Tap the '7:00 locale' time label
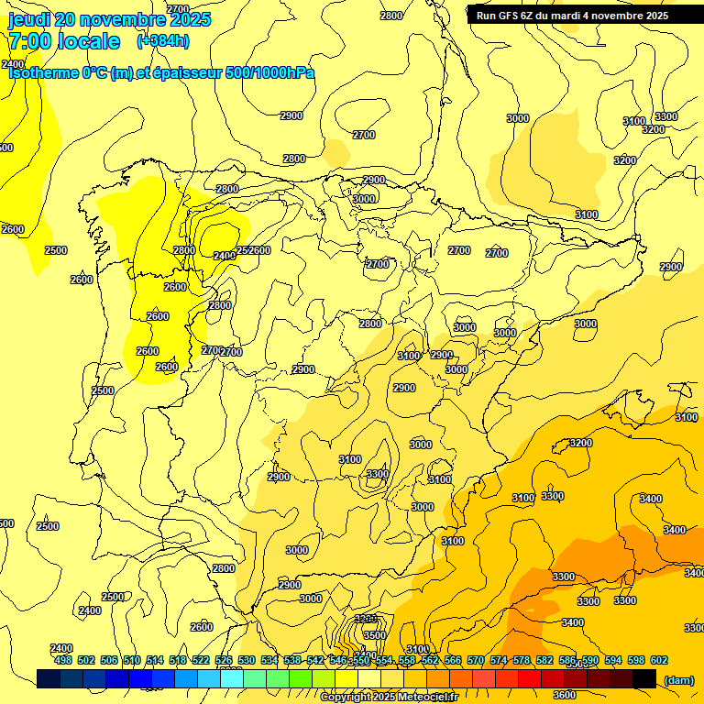pyautogui.click(x=64, y=41)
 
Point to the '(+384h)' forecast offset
pyautogui.click(x=163, y=41)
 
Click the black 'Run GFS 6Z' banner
pyautogui.click(x=573, y=16)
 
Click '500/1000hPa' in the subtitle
pyautogui.click(x=269, y=72)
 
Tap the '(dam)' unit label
pyautogui.click(x=678, y=679)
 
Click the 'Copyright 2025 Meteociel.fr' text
pyautogui.click(x=389, y=698)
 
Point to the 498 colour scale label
pyautogui.click(x=62, y=660)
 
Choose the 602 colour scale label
pyautogui.click(x=659, y=660)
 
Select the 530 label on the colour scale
pyautogui.click(x=247, y=660)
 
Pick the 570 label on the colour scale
pyautogui.click(x=475, y=660)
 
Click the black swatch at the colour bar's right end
pyautogui.click(x=644, y=678)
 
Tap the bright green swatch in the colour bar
pyautogui.click(x=301, y=678)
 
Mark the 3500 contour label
pyautogui.click(x=374, y=634)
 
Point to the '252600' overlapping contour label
pyautogui.click(x=254, y=250)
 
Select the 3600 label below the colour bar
pyautogui.click(x=565, y=693)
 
